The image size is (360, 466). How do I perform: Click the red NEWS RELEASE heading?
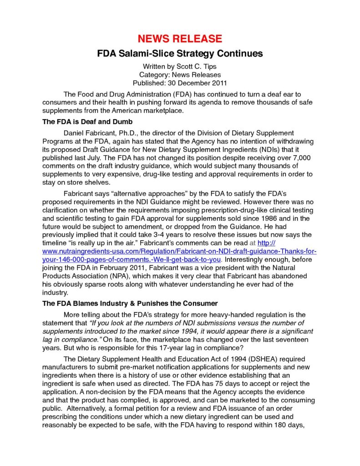(180, 39)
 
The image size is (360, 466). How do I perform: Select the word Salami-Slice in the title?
(148, 54)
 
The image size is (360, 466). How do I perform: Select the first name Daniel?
(75, 132)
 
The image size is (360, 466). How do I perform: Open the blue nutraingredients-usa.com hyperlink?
(179, 251)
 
